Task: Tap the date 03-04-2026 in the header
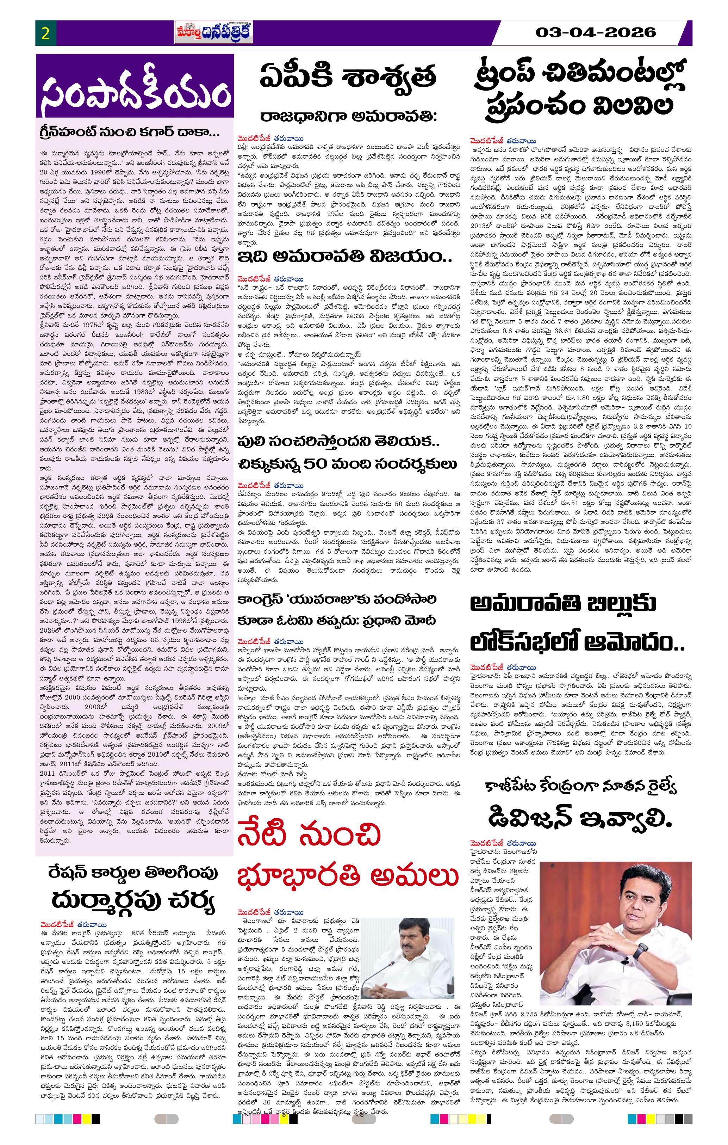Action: (596, 32)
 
